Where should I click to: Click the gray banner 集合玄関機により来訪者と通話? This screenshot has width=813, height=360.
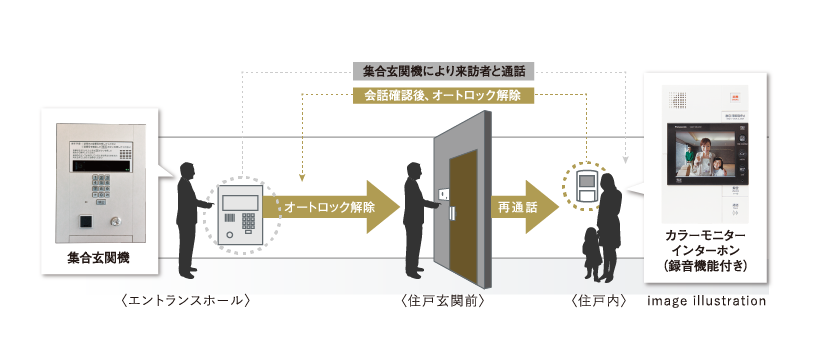coord(444,72)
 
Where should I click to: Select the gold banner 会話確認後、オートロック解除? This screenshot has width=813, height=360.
coord(444,96)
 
